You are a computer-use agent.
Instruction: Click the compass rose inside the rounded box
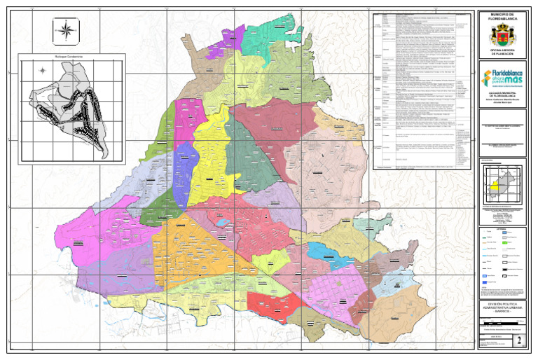[x=66, y=30]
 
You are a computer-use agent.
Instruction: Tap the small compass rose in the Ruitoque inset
[x=42, y=70]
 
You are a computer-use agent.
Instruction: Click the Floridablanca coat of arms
[x=502, y=34]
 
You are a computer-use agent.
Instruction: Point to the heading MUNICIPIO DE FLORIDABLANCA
[x=502, y=16]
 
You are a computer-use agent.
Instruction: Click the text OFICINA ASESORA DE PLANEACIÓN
[x=502, y=53]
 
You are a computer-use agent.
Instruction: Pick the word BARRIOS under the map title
[x=502, y=313]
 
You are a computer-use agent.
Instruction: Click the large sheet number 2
[x=518, y=340]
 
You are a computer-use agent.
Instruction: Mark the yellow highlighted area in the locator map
[x=495, y=186]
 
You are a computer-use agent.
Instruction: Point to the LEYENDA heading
[x=502, y=228]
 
